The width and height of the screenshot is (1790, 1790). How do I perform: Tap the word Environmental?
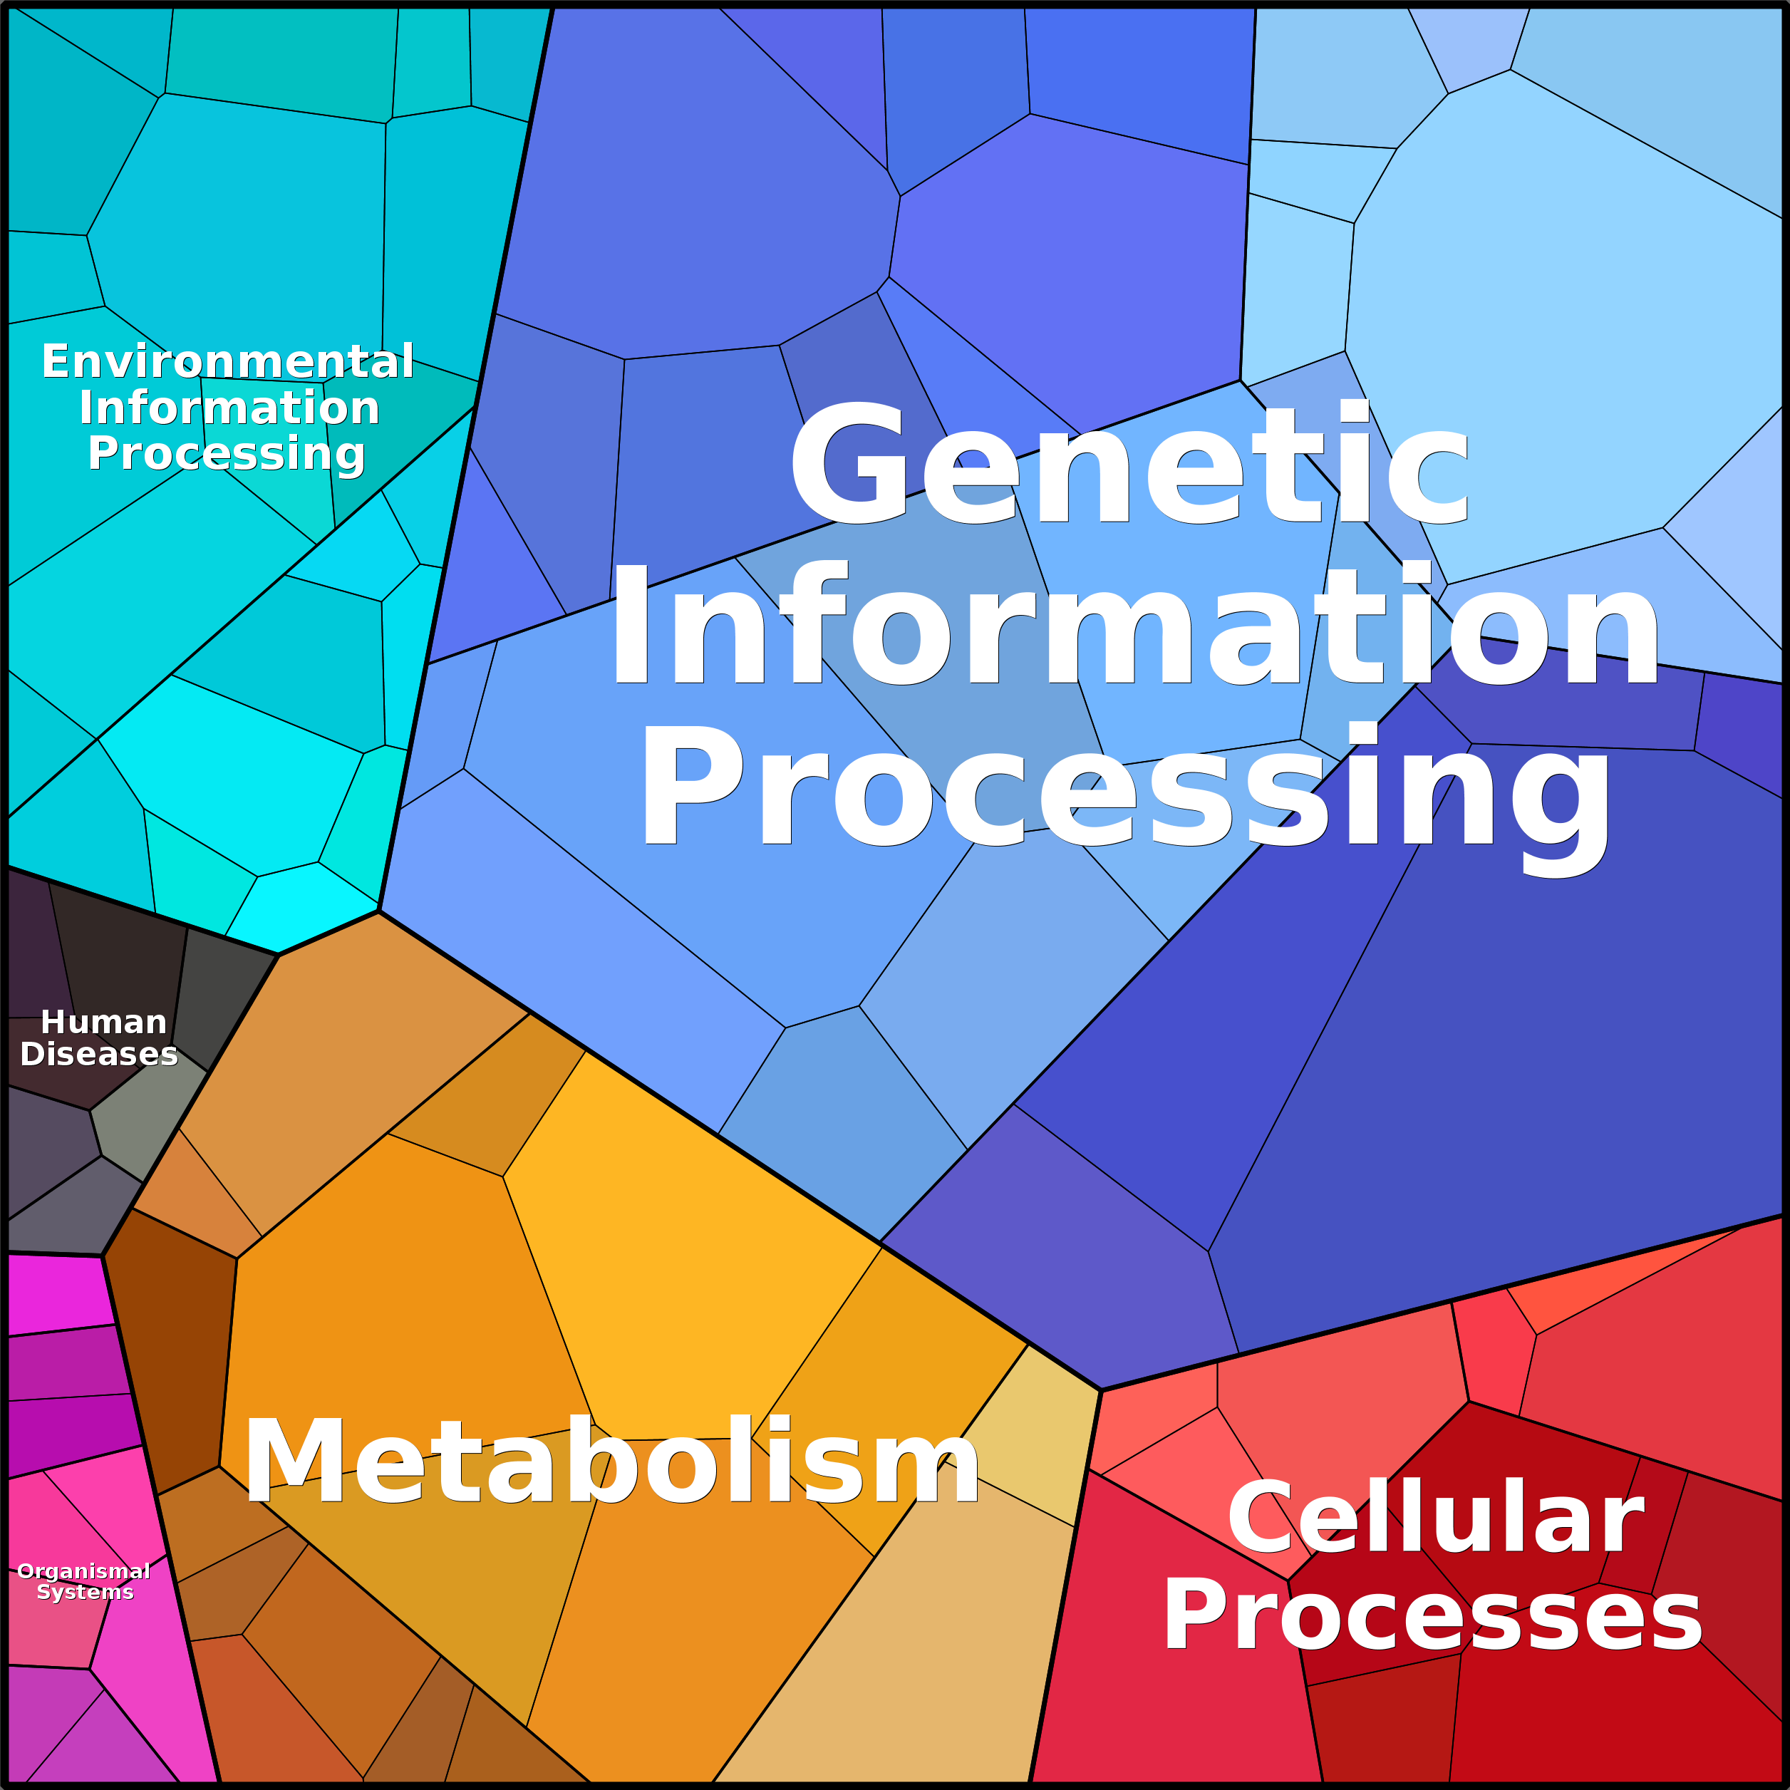pyautogui.click(x=227, y=361)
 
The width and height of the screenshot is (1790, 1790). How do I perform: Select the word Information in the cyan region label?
pyautogui.click(x=229, y=408)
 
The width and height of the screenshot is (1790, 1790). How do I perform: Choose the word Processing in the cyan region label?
pyautogui.click(x=226, y=455)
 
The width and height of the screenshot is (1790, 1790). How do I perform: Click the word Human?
pyautogui.click(x=104, y=1022)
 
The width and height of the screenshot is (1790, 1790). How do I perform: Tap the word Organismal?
pyautogui.click(x=83, y=1571)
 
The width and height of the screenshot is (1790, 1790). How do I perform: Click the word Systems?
pyautogui.click(x=86, y=1592)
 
